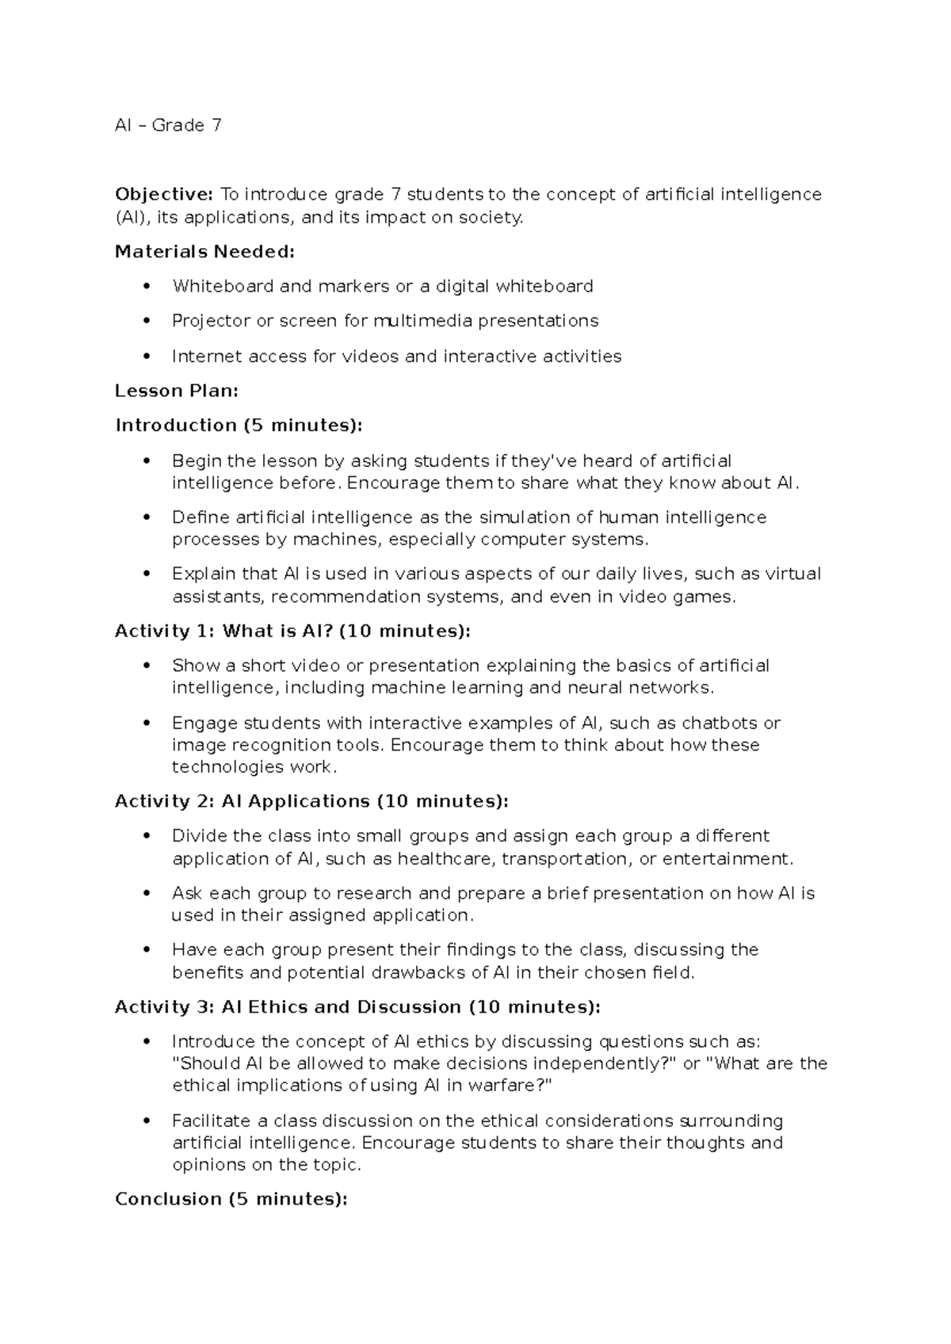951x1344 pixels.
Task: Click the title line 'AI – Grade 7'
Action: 168,125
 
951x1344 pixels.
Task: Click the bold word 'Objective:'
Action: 163,194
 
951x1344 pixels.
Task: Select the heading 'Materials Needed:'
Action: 204,252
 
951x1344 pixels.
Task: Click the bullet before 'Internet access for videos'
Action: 146,357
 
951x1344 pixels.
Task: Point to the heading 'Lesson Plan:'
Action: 177,391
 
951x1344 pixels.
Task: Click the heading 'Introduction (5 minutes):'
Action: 239,426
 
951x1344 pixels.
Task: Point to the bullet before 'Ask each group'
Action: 146,893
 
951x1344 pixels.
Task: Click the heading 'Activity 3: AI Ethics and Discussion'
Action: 357,1007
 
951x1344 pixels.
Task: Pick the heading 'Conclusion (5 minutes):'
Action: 231,1199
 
